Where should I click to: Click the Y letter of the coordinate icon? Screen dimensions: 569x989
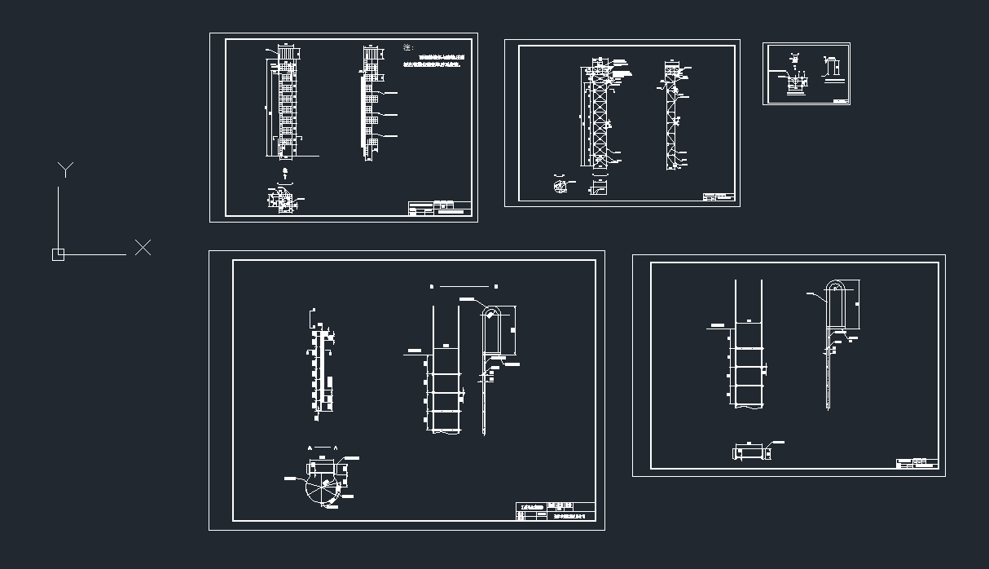(65, 170)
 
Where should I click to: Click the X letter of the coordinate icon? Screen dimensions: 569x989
(143, 248)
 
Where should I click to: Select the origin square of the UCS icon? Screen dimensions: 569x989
(58, 254)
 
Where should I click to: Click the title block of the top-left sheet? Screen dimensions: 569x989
(439, 209)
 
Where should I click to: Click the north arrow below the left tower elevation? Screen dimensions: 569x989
(284, 172)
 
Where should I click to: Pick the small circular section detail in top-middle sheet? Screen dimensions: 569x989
(559, 187)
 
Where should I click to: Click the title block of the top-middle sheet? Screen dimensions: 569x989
(719, 196)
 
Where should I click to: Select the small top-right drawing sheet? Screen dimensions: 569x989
(806, 73)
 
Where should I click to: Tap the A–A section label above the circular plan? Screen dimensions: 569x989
(323, 448)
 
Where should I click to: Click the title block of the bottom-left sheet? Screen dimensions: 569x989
(556, 511)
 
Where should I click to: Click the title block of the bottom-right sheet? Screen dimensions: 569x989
(916, 463)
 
